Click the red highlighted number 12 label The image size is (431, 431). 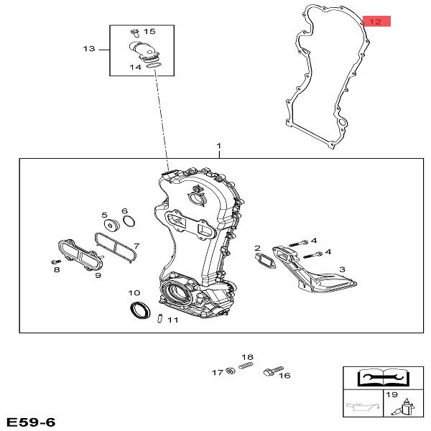click(x=376, y=22)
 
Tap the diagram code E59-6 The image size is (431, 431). click(x=31, y=422)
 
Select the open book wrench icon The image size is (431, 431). click(x=383, y=378)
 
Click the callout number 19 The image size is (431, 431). click(x=391, y=394)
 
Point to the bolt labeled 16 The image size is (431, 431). click(x=273, y=371)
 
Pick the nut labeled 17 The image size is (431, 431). click(x=231, y=371)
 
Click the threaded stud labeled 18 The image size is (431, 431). click(x=246, y=366)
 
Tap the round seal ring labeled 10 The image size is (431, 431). click(x=140, y=310)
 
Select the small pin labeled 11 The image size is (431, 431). click(x=159, y=318)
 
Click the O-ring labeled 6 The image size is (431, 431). click(x=129, y=221)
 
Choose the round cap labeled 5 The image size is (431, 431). click(x=111, y=225)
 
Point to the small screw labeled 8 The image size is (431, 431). click(x=56, y=261)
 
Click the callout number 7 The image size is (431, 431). click(x=136, y=246)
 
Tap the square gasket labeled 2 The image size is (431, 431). click(x=265, y=260)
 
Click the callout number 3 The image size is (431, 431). click(x=342, y=269)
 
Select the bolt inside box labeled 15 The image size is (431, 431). click(x=135, y=33)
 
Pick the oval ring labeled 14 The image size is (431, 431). click(x=154, y=65)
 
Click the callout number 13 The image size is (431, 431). click(x=89, y=49)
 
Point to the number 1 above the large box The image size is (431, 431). click(x=219, y=146)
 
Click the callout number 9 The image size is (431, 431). click(x=98, y=275)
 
